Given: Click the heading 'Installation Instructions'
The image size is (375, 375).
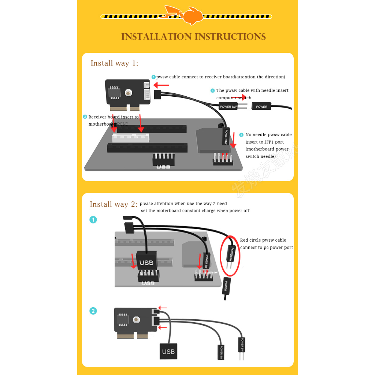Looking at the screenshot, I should point(193,37).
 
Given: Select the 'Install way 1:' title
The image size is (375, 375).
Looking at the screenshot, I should point(114,63).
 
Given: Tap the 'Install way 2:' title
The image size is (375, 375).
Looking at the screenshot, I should point(113,204).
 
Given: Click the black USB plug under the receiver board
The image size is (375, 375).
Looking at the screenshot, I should point(168,351).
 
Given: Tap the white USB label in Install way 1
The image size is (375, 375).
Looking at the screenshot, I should point(163,167).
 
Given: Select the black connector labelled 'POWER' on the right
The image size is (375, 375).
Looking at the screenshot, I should point(262,107).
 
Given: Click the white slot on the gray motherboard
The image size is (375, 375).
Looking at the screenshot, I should point(131,138).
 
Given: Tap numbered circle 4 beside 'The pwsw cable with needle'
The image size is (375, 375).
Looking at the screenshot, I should point(212,91).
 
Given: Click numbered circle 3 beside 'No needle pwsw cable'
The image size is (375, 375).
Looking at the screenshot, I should point(241,135).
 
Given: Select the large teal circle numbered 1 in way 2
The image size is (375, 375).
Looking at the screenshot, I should point(93,220).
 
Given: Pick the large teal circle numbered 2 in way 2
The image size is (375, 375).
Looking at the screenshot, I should point(93,311).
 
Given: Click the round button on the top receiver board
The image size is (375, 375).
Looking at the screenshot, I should point(128,93).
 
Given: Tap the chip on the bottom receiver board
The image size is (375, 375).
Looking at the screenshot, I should point(123,320).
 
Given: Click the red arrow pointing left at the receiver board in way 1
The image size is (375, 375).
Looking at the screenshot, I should point(161,85).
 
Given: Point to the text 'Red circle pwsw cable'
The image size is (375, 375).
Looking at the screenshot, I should point(263,240).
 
